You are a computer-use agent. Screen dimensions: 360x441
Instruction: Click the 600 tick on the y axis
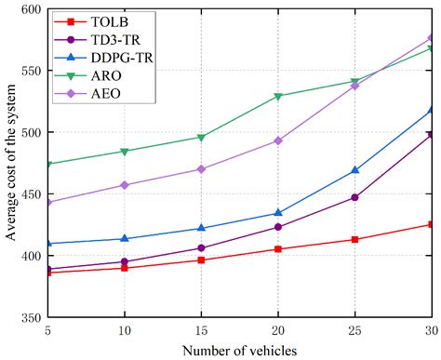coord(32,9)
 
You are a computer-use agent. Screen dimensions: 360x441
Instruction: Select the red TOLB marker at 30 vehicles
coord(431,224)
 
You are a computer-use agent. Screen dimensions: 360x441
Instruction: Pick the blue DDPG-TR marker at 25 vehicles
coord(354,170)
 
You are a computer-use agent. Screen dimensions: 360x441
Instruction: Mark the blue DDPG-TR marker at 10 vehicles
coord(125,239)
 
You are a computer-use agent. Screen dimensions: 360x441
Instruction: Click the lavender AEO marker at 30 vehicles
coord(431,38)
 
